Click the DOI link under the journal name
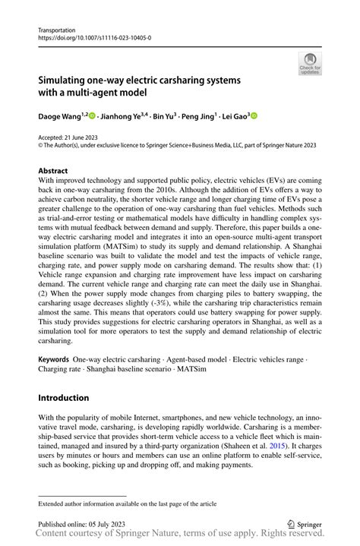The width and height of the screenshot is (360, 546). click(x=94, y=36)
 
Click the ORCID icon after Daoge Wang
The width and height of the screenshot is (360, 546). click(x=91, y=115)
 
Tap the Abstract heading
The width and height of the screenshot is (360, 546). click(x=57, y=171)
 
